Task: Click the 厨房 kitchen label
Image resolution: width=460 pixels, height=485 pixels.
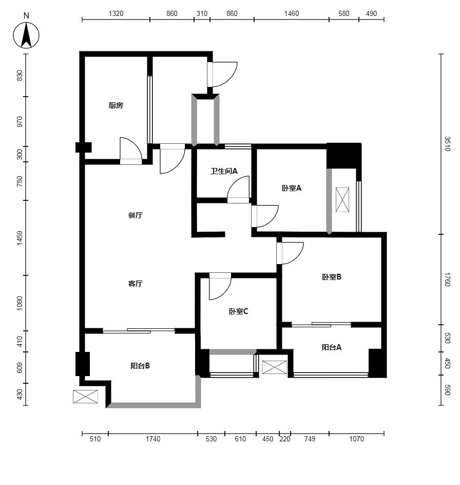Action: (x=116, y=105)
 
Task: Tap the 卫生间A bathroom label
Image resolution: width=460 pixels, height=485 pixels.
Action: (x=224, y=171)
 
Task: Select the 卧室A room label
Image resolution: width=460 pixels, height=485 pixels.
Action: (x=291, y=188)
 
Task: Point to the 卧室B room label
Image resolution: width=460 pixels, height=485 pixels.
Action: (x=332, y=277)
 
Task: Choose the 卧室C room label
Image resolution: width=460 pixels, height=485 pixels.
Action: (x=238, y=311)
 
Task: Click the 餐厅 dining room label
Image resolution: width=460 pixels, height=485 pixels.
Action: (x=136, y=215)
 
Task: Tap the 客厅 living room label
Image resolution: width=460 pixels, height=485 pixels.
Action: (x=136, y=283)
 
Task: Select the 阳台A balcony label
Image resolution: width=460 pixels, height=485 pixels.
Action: (x=332, y=347)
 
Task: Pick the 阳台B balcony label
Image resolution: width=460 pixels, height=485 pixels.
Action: (x=140, y=366)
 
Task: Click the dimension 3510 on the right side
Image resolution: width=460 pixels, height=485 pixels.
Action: (x=447, y=144)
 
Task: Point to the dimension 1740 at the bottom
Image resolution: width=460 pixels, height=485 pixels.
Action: (x=153, y=439)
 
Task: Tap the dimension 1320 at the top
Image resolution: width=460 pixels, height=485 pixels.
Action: (x=116, y=13)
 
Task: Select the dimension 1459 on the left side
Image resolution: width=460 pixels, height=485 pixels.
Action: (x=20, y=238)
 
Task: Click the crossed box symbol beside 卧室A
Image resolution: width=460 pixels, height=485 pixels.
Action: (x=342, y=199)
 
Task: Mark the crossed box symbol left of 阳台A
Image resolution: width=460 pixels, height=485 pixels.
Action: (x=275, y=367)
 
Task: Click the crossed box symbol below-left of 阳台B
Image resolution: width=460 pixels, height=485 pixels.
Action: (x=85, y=397)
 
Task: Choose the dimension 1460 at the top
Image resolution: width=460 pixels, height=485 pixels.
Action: (x=292, y=13)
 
